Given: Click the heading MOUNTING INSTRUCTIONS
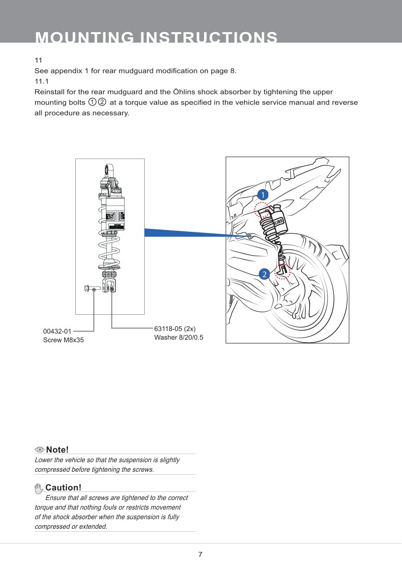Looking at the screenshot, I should coord(156,37).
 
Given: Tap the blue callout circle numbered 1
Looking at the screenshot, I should coord(262,194).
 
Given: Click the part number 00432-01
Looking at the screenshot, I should coord(57,331).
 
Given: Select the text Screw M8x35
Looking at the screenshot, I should coord(63,341).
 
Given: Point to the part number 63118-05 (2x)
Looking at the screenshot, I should coord(175,329).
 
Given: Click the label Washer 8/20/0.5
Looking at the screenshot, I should coord(179,337).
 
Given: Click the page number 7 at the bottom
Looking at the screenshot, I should coord(200,555).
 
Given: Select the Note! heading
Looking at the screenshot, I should coord(57,450).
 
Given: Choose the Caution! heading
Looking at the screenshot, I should coord(63,488).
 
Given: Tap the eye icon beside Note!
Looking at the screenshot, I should coord(40,450).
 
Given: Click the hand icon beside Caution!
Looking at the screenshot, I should coord(39,488).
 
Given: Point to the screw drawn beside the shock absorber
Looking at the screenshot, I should coord(92,288).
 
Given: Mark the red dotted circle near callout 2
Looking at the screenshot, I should coord(283,271).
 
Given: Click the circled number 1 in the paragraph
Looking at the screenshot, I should coord(92,103).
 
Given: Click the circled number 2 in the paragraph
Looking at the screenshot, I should coord(102,103).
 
